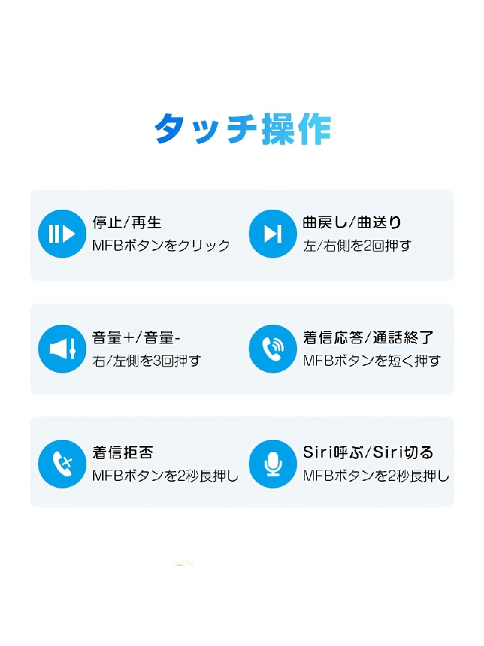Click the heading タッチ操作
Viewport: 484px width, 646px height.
click(243, 129)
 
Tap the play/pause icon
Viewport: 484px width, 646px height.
click(62, 233)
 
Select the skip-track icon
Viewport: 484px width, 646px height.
click(273, 233)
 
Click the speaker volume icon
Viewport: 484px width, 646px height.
click(62, 348)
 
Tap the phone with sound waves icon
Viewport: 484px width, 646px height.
click(273, 348)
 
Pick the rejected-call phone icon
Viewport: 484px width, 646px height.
click(62, 464)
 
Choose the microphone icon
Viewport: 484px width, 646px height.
click(273, 464)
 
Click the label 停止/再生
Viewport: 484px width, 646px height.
click(127, 223)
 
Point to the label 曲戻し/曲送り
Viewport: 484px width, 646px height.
click(352, 223)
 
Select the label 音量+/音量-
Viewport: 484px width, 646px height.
click(136, 338)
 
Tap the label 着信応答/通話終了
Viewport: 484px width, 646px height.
click(368, 338)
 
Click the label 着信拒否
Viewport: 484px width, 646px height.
click(123, 453)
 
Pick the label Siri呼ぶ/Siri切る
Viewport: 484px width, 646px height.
click(368, 453)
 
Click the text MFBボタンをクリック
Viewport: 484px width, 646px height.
click(161, 245)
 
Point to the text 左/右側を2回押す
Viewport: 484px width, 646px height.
click(357, 245)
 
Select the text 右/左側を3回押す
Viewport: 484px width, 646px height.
click(147, 361)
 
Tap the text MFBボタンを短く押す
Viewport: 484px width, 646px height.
click(372, 361)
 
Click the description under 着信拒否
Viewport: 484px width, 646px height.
click(166, 476)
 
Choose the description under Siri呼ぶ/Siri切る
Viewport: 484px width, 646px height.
click(376, 476)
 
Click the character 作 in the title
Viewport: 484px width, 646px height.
click(315, 129)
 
